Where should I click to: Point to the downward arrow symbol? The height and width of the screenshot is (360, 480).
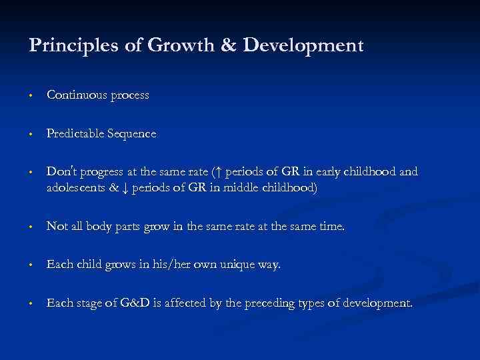(x=125, y=188)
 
